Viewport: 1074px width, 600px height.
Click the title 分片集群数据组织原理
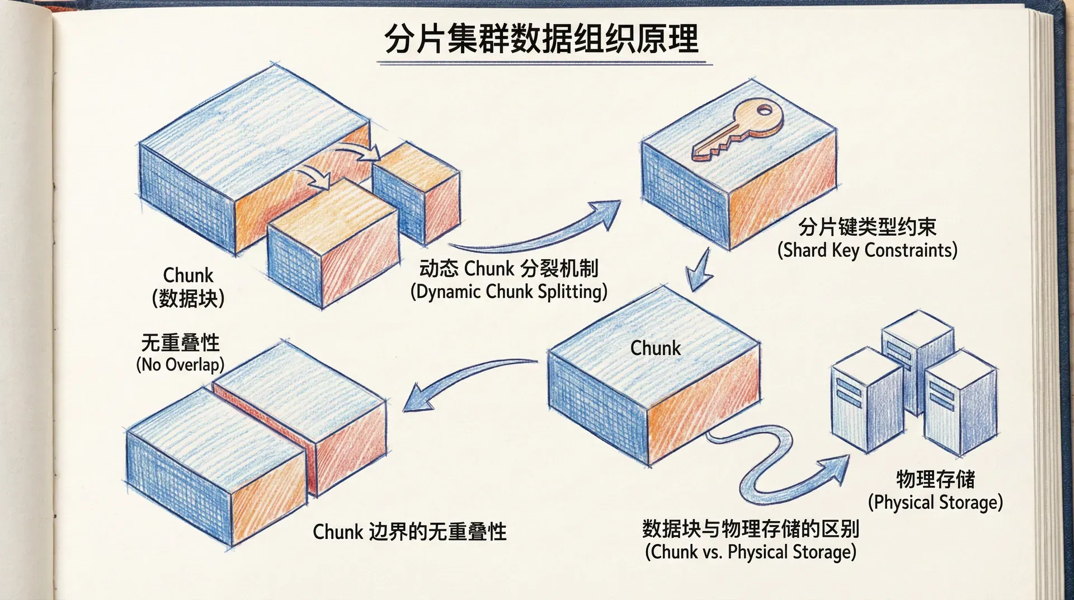tap(541, 39)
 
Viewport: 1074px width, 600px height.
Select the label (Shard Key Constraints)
tap(867, 250)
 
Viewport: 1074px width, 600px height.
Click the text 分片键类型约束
tap(867, 227)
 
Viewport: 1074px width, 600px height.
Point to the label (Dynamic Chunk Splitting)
tap(508, 292)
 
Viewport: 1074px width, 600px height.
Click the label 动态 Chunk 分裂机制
tap(508, 269)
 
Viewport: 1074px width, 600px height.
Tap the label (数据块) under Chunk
tap(188, 298)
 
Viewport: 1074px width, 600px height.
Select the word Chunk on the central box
tap(655, 348)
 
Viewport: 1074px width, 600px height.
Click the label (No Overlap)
tap(180, 365)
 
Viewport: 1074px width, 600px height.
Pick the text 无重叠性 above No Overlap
tap(180, 342)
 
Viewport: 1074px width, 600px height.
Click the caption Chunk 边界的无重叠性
tap(409, 532)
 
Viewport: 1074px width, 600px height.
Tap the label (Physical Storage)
tap(935, 502)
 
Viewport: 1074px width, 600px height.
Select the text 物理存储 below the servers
tap(935, 479)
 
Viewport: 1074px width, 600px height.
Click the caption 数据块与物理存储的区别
tap(750, 528)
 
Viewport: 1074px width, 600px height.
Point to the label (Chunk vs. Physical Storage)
tap(750, 552)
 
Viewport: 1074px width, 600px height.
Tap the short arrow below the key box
tap(699, 271)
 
